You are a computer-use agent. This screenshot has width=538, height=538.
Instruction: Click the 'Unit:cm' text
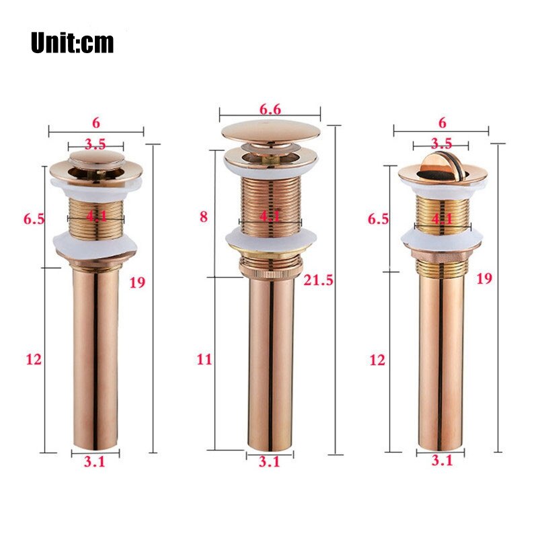[x=72, y=42]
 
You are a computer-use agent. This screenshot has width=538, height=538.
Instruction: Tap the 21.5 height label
[x=318, y=281]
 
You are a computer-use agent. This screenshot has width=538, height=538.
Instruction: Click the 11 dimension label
[x=204, y=359]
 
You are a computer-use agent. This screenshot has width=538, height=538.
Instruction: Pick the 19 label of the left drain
[x=137, y=282]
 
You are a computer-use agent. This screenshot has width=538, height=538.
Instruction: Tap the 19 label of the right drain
[x=484, y=278]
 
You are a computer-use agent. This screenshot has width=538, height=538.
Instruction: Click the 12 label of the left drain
[x=34, y=359]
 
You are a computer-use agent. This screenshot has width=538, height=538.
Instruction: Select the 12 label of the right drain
[x=377, y=360]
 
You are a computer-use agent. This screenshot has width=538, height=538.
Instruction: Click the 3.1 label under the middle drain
[x=269, y=461]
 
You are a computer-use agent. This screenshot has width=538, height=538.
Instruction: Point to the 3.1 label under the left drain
[x=95, y=461]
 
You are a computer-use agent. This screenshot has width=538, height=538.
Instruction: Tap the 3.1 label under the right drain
[x=441, y=461]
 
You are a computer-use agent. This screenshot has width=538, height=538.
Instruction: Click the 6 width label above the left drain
[x=96, y=122]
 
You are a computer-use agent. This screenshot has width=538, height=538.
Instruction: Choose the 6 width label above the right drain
[x=442, y=122]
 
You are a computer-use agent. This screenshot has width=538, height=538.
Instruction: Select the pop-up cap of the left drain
[x=96, y=159]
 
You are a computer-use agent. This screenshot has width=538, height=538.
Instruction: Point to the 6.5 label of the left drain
[x=34, y=219]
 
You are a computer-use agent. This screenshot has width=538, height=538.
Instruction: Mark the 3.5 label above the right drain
[x=441, y=143]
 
